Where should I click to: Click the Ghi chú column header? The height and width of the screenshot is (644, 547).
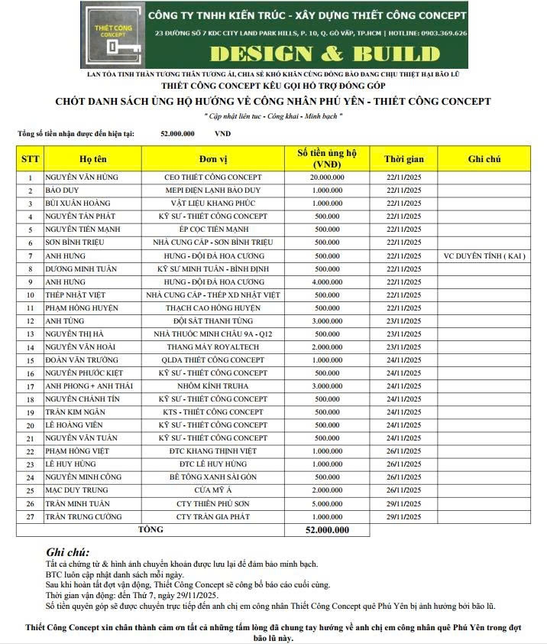(x=484, y=158)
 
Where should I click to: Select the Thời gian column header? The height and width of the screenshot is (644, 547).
(x=403, y=158)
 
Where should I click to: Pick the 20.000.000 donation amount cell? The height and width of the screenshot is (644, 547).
(x=327, y=177)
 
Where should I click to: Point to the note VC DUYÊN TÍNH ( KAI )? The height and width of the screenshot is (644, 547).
(x=484, y=255)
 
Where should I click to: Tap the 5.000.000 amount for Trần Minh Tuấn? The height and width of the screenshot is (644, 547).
(x=327, y=503)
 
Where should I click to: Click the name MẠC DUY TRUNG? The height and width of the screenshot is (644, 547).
(x=76, y=490)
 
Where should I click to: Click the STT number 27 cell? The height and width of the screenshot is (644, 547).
(x=31, y=516)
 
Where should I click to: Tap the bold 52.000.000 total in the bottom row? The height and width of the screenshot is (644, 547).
(x=327, y=529)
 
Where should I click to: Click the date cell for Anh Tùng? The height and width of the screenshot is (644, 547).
(x=403, y=321)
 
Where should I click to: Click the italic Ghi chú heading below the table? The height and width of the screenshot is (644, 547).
(x=67, y=551)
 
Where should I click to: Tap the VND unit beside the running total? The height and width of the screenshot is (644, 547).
(x=222, y=134)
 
